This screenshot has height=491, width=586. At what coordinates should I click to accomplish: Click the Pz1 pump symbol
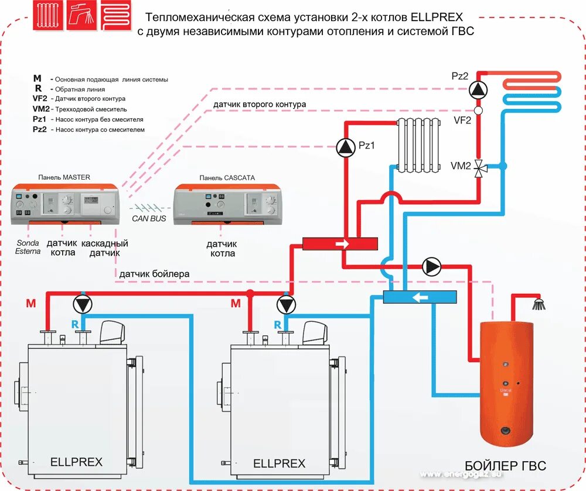346,148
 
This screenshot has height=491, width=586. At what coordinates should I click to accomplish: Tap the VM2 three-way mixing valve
479,168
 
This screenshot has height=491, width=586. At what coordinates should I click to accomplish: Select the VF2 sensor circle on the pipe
478,110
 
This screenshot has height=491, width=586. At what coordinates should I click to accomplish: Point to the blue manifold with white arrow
420,297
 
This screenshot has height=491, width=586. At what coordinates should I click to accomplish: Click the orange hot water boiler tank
507,383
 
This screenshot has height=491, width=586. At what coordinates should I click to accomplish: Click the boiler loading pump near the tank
432,267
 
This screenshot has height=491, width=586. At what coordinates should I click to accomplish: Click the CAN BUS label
151,218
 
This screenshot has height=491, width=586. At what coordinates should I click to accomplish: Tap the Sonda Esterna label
28,247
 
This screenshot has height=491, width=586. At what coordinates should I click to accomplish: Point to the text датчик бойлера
154,274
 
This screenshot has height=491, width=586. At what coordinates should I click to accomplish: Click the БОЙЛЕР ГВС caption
505,466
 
